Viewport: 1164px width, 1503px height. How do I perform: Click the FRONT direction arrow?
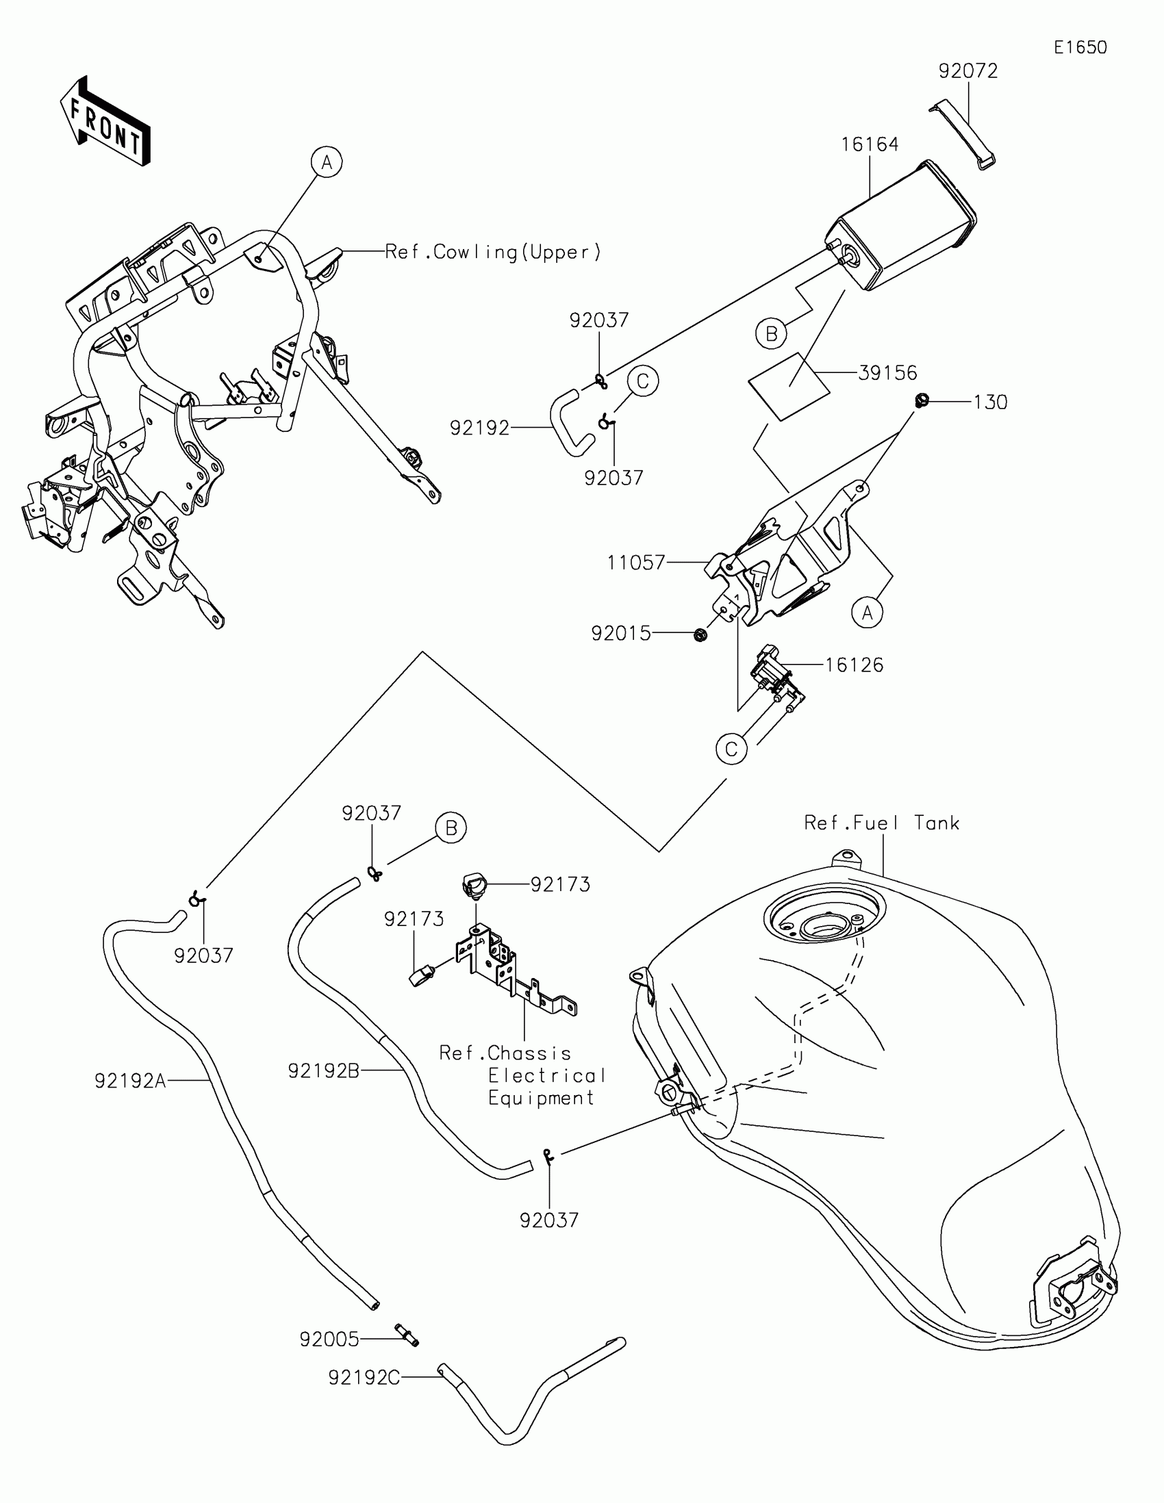(x=105, y=123)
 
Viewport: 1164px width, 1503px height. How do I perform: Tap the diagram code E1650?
(x=1080, y=47)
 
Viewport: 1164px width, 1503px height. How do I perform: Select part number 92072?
(x=967, y=72)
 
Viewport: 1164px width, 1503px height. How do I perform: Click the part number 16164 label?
(x=870, y=144)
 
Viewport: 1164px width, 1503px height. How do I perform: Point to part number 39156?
(x=887, y=373)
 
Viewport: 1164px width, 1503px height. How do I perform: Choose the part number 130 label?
(x=990, y=402)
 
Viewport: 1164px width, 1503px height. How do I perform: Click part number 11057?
(x=636, y=563)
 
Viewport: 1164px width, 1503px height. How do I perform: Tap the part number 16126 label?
(x=854, y=665)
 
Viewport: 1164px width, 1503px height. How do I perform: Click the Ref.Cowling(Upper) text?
(x=493, y=253)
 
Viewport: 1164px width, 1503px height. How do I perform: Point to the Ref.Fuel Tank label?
(x=882, y=823)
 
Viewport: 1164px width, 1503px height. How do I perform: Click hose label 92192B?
(x=324, y=1071)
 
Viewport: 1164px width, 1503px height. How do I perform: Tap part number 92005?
(x=329, y=1339)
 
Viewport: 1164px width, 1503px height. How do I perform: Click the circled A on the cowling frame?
(x=327, y=162)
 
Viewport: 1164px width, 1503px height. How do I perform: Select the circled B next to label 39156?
(x=771, y=334)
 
